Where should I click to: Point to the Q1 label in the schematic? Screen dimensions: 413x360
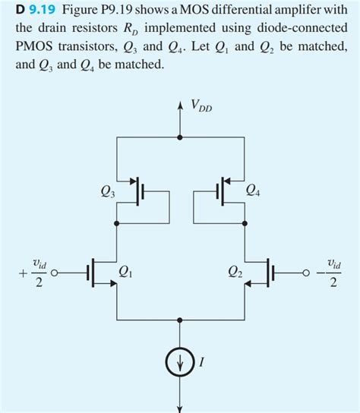click(127, 271)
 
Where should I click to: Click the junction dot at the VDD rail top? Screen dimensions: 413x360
click(180, 139)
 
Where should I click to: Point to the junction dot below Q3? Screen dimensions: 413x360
click(116, 224)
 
